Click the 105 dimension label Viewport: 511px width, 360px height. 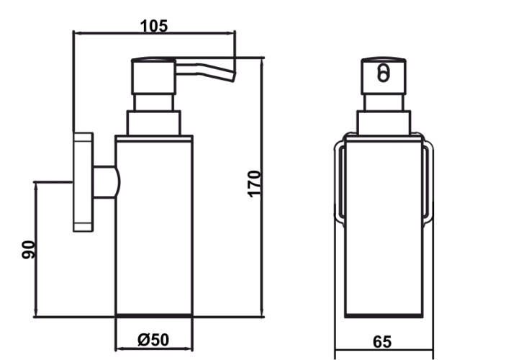coord(154,26)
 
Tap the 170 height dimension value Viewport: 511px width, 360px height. coord(255,184)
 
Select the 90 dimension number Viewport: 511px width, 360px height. coord(28,250)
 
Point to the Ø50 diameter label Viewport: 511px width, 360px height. coord(153,340)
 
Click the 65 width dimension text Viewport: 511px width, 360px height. coord(382,342)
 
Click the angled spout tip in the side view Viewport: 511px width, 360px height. coord(234,78)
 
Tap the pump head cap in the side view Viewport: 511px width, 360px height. coord(154,76)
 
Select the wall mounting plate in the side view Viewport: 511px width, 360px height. coord(83,182)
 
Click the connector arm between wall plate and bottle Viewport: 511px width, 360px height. coord(107,182)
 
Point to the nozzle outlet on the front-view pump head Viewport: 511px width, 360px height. coord(383,73)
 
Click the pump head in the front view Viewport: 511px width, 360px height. coord(383,76)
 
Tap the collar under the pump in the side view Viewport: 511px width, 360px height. coord(153,123)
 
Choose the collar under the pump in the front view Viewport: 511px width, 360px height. coord(384,122)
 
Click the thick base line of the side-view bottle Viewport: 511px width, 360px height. coord(154,315)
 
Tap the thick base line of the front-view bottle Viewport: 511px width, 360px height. coord(384,315)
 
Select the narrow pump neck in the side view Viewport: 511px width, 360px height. coord(153,103)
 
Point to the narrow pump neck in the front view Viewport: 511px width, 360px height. coord(384,103)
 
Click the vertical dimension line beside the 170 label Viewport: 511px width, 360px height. coord(262,187)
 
